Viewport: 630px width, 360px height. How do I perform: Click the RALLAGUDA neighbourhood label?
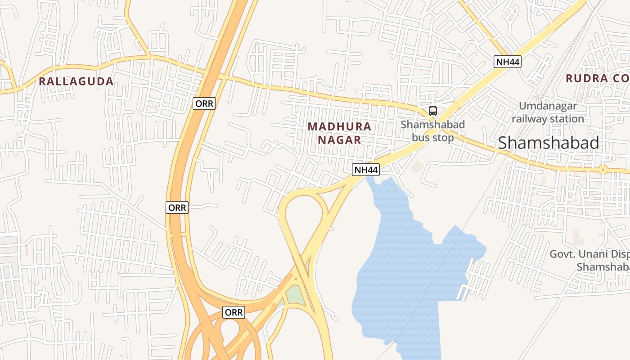point(76,81)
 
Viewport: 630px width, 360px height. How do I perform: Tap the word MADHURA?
point(340,126)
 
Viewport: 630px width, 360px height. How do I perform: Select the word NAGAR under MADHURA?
point(340,140)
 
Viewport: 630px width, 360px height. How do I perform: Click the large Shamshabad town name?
point(548,143)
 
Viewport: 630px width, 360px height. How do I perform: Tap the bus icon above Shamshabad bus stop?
point(433,111)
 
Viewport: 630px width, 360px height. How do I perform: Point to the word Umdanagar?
point(548,106)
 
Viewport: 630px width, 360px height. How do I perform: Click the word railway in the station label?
point(528,119)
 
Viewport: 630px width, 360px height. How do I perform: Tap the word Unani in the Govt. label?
point(596,254)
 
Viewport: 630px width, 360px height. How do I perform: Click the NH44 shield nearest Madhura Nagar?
point(365,170)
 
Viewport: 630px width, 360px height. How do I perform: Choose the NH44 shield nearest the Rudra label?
point(508,62)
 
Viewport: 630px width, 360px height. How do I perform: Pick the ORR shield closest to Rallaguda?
point(205,104)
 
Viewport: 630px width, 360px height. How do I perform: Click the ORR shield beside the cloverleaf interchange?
point(234,312)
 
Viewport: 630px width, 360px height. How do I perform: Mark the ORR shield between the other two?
point(177,207)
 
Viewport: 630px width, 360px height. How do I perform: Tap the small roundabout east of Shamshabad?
point(603,170)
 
